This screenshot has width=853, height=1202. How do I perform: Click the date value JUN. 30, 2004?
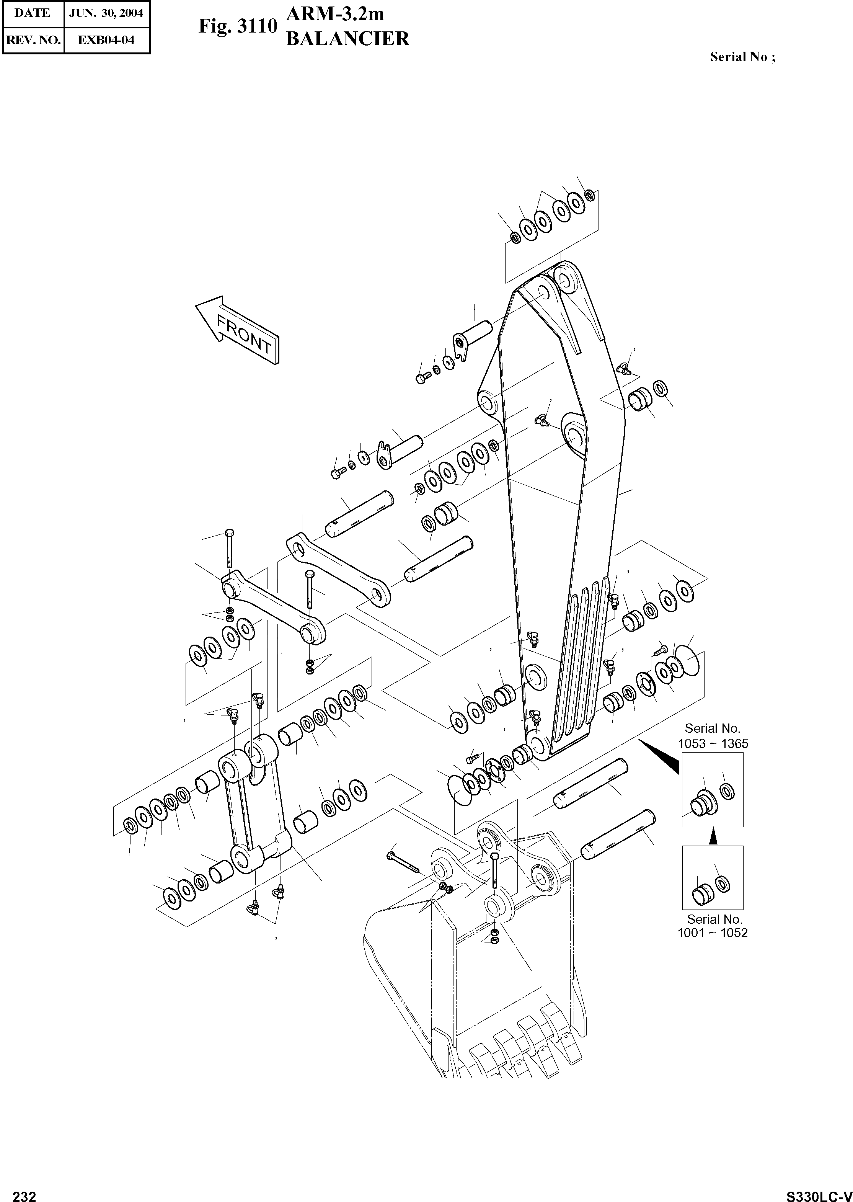(x=106, y=13)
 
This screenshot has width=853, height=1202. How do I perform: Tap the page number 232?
(x=24, y=1192)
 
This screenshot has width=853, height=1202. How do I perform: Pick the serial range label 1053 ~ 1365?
(x=713, y=744)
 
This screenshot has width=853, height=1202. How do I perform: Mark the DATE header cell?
(x=33, y=13)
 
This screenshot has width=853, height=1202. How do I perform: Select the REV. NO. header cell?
(x=33, y=39)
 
